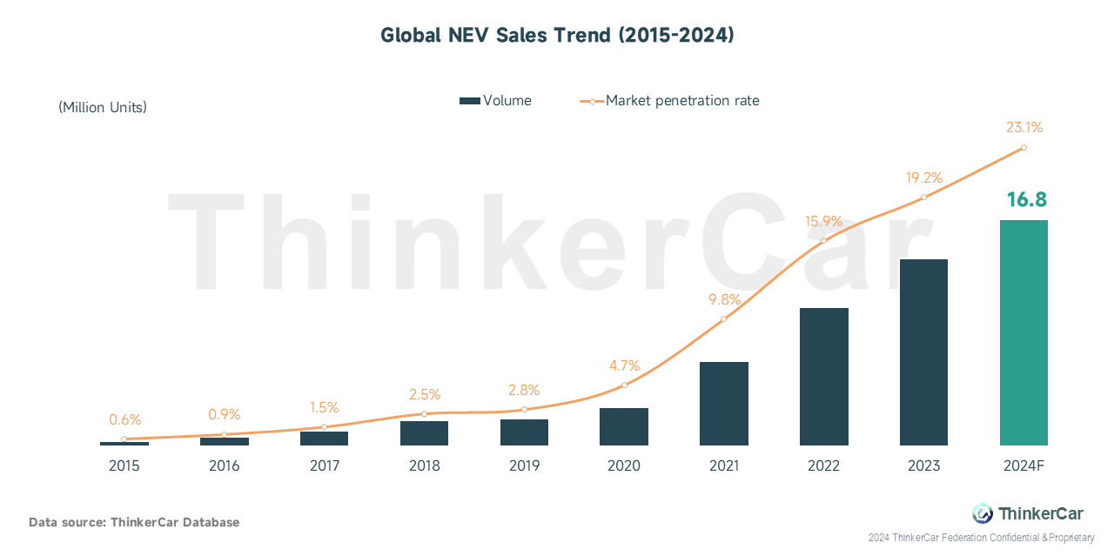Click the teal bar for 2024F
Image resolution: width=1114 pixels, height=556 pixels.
click(1023, 332)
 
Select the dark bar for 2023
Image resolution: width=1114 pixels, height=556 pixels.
click(923, 352)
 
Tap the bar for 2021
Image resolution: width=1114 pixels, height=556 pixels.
click(723, 404)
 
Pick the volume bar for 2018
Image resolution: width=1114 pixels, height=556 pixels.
click(424, 433)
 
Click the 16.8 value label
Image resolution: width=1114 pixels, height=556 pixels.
click(1026, 199)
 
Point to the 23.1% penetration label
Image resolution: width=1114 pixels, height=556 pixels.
click(1024, 127)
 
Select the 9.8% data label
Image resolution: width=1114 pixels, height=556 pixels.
click(725, 299)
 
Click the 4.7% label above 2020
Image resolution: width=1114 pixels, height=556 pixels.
click(625, 365)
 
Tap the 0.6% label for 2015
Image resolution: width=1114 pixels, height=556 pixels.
click(124, 419)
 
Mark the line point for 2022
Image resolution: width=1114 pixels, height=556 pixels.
click(823, 241)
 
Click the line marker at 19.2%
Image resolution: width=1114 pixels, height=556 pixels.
click(923, 198)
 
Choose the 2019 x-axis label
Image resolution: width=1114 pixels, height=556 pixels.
click(524, 466)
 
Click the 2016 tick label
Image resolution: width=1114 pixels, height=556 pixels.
click(225, 466)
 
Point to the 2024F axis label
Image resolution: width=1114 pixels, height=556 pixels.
click(1023, 466)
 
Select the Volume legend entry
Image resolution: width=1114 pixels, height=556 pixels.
click(495, 101)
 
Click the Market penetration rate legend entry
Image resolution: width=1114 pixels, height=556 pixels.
click(669, 101)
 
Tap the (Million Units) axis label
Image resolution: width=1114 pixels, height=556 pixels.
click(103, 107)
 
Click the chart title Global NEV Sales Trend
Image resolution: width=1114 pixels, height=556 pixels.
click(557, 36)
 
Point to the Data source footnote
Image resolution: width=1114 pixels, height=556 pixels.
click(134, 522)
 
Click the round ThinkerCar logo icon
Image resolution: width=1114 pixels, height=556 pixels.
click(983, 513)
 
